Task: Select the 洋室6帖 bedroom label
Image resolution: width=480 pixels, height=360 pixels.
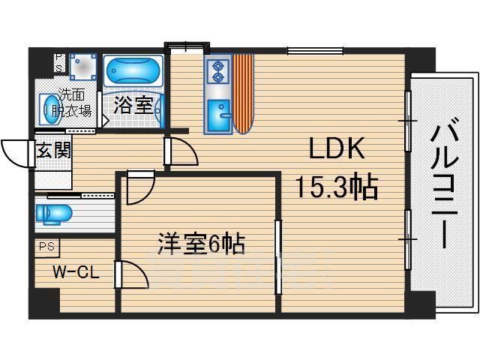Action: click(202, 244)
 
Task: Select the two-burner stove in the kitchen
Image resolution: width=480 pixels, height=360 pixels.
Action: click(218, 70)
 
